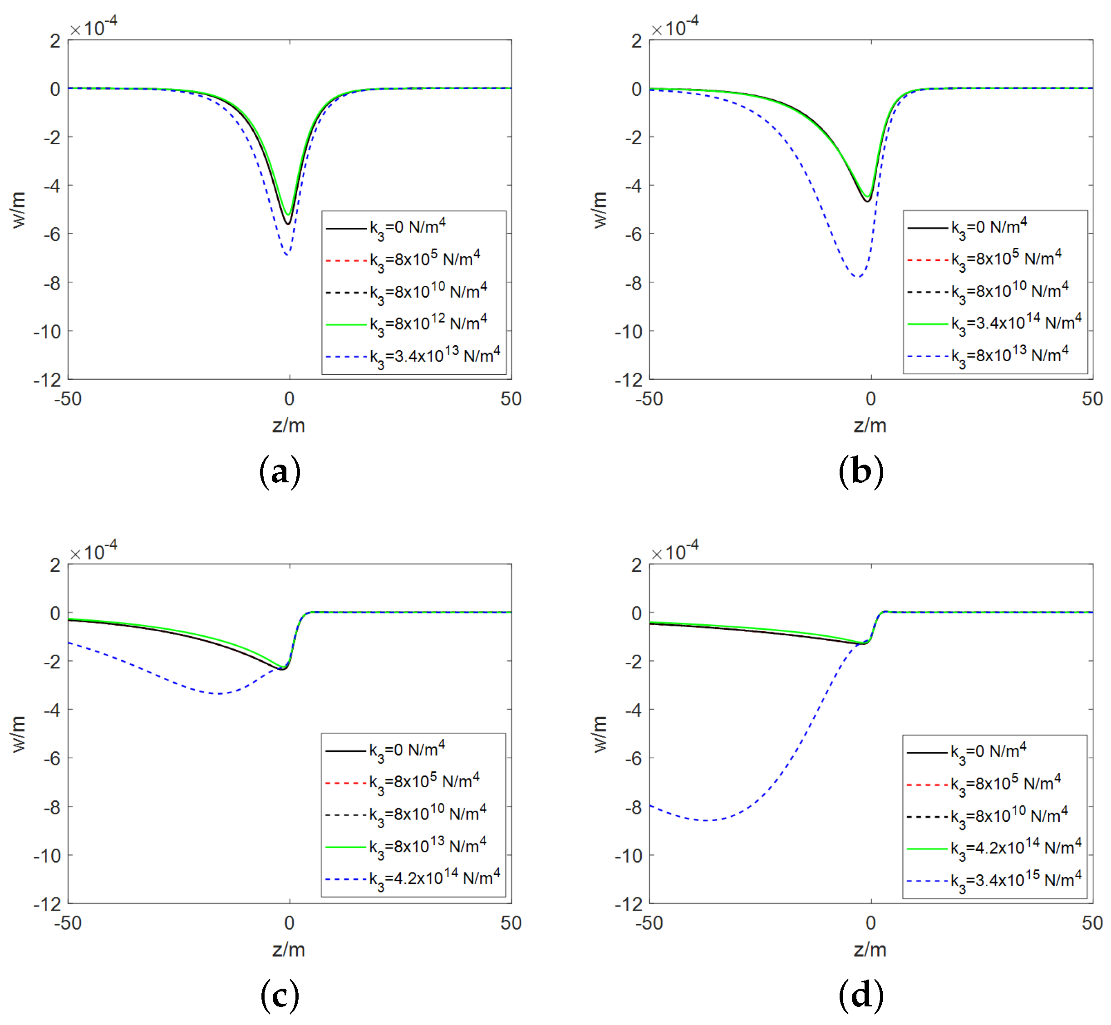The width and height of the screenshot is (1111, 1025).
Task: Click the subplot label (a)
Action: (x=280, y=471)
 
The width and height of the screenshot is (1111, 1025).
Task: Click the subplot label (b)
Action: (x=861, y=471)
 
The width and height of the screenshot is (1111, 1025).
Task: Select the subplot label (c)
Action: (x=280, y=996)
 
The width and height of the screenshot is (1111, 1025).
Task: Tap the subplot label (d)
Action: (x=861, y=996)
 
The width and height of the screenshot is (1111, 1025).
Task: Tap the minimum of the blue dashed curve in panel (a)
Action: (x=287, y=255)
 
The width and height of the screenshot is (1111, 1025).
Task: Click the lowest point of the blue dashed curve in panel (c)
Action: (x=220, y=694)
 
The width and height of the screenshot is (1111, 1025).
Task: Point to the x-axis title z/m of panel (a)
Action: (x=289, y=426)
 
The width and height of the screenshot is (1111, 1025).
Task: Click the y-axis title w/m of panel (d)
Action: (x=600, y=733)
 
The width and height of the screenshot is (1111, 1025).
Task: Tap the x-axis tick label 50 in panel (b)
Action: (x=1091, y=399)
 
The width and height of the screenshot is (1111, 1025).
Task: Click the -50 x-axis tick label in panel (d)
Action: (x=649, y=923)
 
